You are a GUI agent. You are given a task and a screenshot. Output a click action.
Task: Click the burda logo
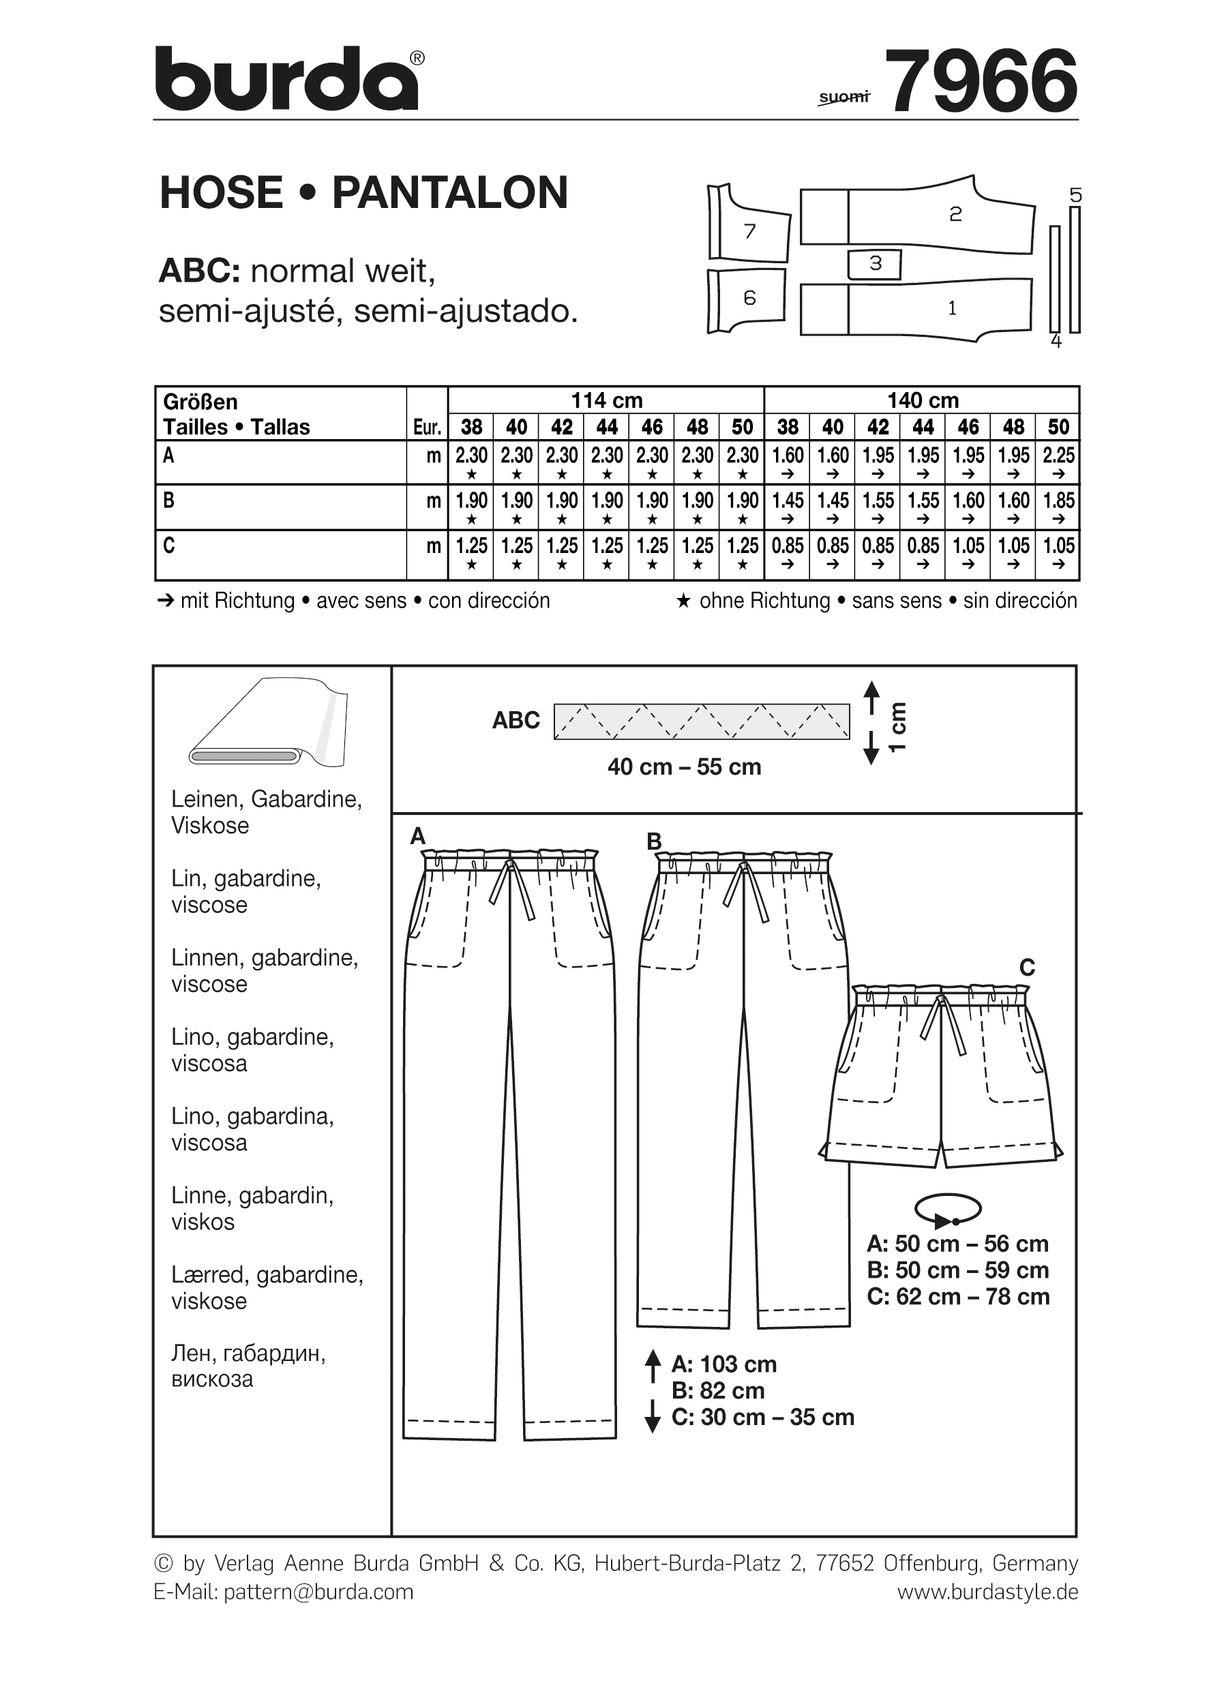pos(287,80)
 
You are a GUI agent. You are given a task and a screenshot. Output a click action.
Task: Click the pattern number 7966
pos(983,81)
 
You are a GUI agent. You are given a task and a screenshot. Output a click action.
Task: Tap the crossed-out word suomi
pos(844,97)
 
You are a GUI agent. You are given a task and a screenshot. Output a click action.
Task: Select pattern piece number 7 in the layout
pos(749,230)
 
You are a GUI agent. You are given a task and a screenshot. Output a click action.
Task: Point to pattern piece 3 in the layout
pos(875,263)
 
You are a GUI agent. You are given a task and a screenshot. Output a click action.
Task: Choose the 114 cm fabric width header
pos(606,400)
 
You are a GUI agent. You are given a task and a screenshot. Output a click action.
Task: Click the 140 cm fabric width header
pos(922,400)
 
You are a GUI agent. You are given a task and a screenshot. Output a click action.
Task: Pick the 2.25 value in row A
pos(1058,455)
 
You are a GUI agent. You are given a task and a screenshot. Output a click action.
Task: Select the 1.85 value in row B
pos(1058,500)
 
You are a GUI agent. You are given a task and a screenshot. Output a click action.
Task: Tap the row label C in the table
pos(169,545)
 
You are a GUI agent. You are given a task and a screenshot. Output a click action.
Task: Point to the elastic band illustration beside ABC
pos(702,721)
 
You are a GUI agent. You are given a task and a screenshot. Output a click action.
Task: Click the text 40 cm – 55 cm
pos(685,767)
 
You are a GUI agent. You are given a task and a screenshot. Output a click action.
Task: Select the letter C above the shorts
pos(1026,968)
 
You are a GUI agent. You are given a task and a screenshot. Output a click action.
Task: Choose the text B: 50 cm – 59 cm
pos(958,1270)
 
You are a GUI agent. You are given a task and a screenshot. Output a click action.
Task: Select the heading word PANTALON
pos(450,192)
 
